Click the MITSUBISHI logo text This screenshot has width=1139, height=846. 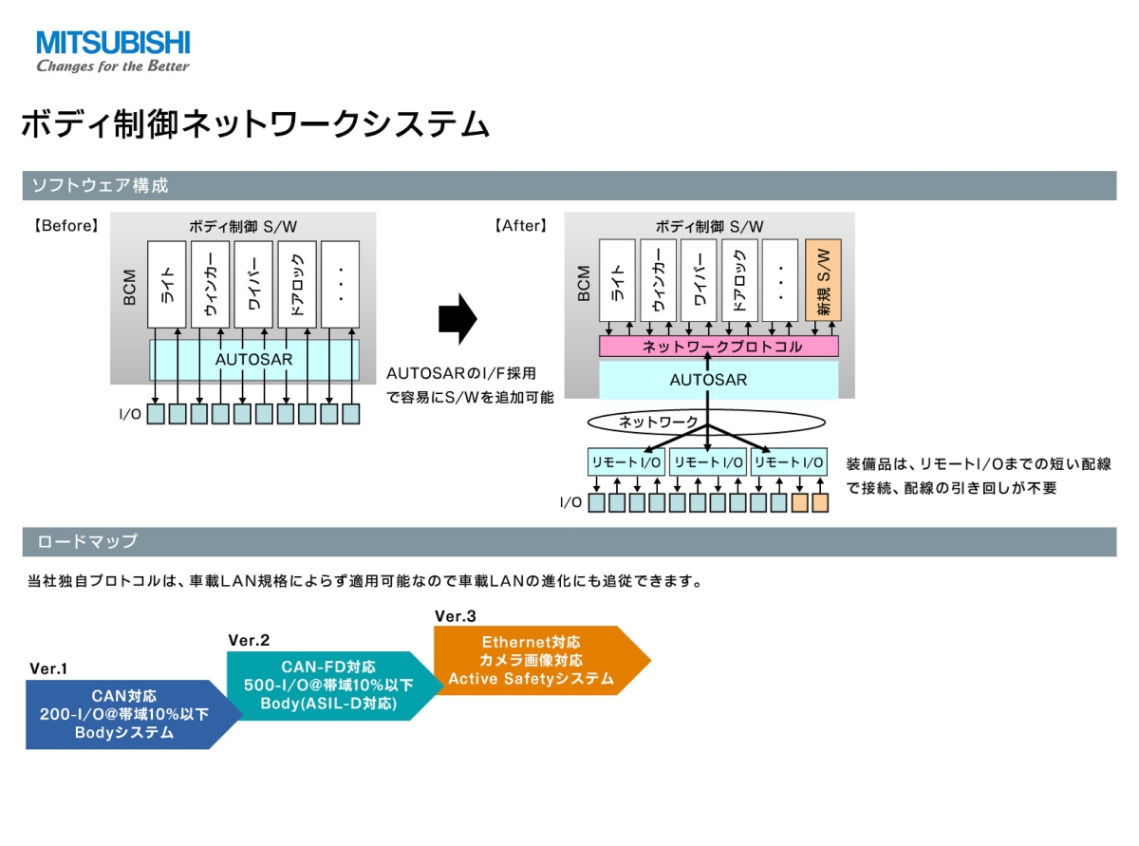point(113,42)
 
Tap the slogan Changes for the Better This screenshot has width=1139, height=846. point(113,66)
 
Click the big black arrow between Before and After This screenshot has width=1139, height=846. point(457,318)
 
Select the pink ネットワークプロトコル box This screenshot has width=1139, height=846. point(718,347)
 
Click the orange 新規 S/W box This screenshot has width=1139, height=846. point(822,280)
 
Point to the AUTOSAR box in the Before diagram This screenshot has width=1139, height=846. point(253,360)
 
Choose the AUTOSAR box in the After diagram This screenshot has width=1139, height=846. point(718,380)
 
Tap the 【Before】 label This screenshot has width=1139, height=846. point(65,225)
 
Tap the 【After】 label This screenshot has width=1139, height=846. point(520,225)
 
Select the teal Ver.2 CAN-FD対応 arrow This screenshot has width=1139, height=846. point(334,686)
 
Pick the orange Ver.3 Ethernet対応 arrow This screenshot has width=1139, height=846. point(542,660)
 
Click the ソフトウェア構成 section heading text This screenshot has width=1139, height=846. point(101,185)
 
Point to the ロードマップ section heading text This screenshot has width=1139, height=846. point(87,541)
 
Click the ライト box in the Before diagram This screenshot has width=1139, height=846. point(166,284)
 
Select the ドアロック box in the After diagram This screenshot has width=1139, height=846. point(739,280)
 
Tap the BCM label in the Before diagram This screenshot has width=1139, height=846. point(129,287)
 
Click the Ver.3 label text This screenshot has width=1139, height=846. point(455,616)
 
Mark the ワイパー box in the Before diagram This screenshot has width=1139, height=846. point(253,284)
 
